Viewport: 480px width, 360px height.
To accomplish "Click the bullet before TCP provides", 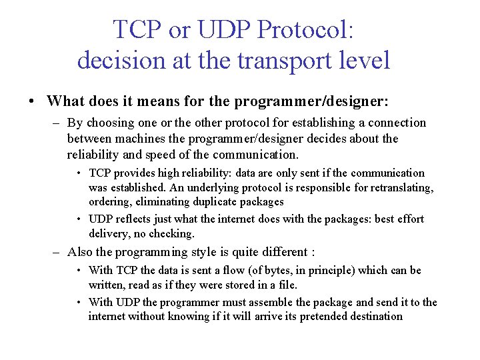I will (79, 173).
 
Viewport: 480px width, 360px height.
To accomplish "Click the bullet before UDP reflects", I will (79, 219).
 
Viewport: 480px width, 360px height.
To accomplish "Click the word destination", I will (371, 316).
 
